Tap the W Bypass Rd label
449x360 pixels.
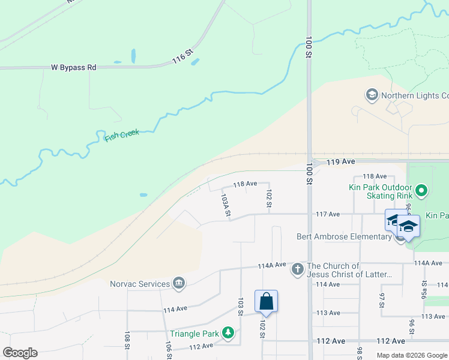tap(73, 68)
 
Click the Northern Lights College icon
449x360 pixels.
tap(372, 95)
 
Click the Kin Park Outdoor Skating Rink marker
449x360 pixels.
tap(421, 191)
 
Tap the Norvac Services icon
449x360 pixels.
tap(178, 283)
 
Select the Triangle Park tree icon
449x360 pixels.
tap(228, 332)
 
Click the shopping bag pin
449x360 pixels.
tap(266, 302)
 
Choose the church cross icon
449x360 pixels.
tap(298, 269)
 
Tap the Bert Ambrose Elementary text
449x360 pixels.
tap(344, 236)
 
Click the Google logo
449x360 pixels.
tap(20, 353)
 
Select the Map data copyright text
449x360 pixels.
tap(412, 355)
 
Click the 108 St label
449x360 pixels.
tap(127, 340)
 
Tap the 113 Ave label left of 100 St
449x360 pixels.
tap(328, 313)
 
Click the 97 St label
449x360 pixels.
tap(381, 300)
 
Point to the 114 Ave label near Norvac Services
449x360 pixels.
tap(175, 308)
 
